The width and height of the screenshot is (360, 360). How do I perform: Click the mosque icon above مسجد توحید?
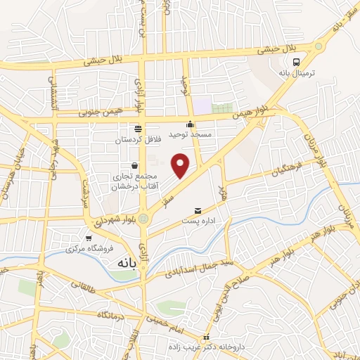point(189,124)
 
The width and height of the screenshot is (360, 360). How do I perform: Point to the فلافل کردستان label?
point(138,140)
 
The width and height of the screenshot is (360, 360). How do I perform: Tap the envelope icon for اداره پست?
point(197,210)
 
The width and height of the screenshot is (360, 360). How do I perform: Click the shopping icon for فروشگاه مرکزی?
point(87,238)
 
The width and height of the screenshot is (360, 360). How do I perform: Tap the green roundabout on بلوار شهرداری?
point(143,219)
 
